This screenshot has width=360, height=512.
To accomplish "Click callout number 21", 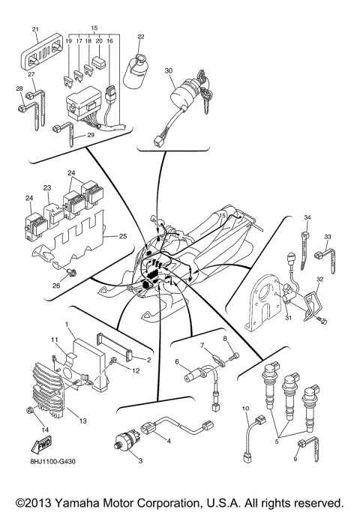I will coord(34,29).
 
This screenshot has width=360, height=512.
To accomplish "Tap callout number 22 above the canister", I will coord(140,37).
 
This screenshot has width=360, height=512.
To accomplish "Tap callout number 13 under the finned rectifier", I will coord(83,421).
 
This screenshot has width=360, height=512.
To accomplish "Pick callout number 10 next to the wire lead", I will coord(244,408).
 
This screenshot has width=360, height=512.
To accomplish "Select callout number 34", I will coord(306,217).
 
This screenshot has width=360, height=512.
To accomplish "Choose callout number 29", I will coord(90,135).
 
